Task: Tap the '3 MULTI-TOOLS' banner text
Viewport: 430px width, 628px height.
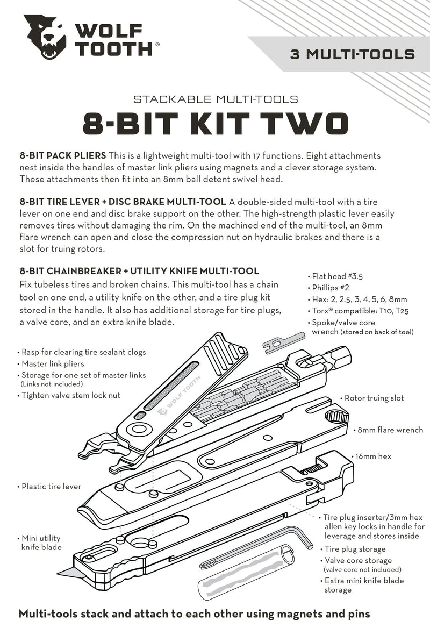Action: click(x=352, y=54)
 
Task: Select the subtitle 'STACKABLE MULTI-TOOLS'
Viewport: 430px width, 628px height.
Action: click(x=215, y=99)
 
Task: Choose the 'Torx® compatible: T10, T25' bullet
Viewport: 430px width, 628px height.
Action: click(x=357, y=311)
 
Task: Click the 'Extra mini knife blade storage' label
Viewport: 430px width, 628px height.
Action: click(x=364, y=585)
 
